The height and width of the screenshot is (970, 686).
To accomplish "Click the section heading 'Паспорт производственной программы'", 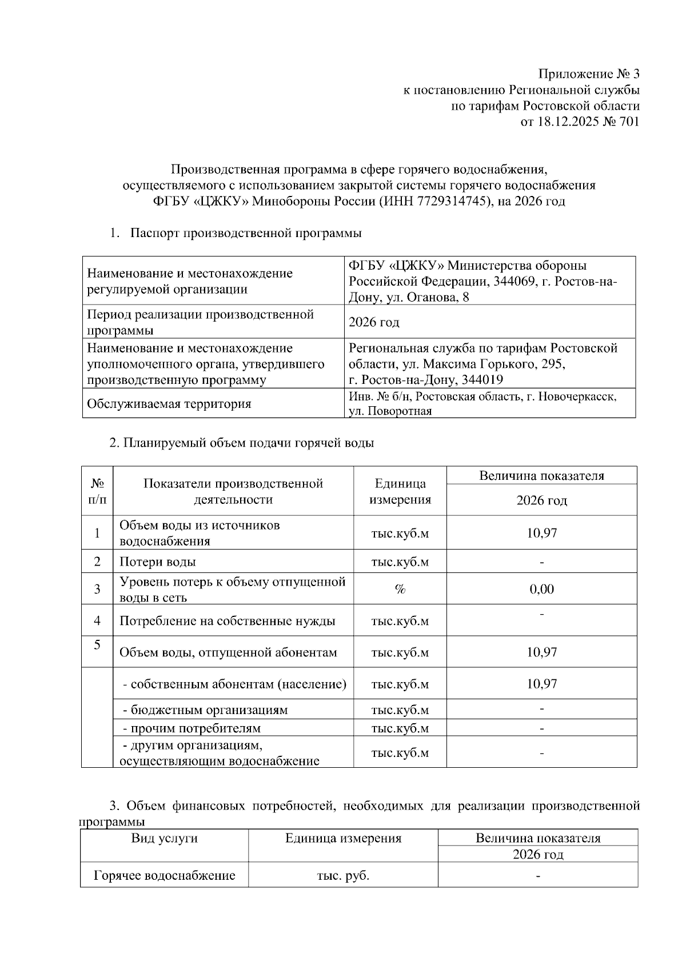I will point(246,233).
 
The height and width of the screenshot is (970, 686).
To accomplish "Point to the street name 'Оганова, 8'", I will point(440,297).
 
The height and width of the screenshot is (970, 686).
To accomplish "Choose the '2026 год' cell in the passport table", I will point(374,322).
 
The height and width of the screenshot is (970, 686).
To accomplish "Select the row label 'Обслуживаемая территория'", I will point(169,404).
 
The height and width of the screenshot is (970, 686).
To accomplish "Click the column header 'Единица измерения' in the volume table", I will point(400,491).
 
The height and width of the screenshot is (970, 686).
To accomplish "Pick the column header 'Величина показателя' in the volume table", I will point(541,475).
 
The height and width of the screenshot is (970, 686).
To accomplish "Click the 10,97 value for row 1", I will point(541,533).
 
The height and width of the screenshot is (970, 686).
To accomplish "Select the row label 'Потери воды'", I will point(158,562).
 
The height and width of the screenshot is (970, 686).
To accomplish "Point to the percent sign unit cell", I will point(400,589).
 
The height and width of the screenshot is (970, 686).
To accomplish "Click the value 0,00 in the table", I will point(541,589).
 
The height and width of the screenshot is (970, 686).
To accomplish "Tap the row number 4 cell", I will point(97,620).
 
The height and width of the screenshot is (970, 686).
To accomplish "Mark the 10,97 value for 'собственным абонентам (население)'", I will point(541,684).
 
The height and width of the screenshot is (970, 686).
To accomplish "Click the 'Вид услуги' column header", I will point(165,838).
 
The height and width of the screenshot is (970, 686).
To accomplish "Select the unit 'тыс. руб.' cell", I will point(343,876).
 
